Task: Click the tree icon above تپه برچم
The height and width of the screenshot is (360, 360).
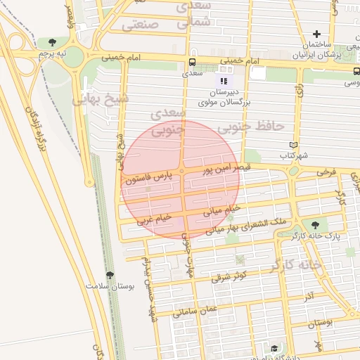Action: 53,42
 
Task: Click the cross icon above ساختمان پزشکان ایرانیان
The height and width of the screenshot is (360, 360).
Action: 317,33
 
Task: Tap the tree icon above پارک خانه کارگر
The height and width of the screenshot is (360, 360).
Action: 314,224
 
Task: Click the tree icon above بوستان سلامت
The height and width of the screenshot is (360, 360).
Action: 109,275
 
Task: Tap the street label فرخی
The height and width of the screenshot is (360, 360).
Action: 329,171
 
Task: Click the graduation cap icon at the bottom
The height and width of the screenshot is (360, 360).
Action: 274,348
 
